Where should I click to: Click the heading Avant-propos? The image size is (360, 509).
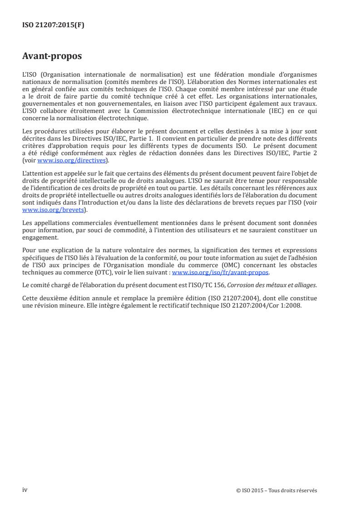[52, 56]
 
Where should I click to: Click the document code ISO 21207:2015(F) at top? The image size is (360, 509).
[53, 25]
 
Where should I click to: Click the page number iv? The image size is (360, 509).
[25, 490]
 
